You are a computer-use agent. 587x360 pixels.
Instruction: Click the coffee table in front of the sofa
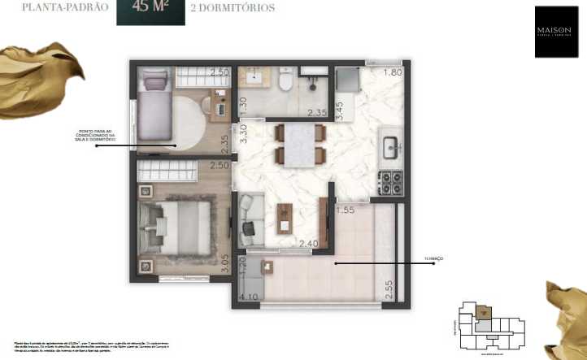tap(284, 217)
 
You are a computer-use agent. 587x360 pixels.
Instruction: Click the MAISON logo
tap(555, 32)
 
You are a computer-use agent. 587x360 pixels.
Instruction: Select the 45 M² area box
tap(150, 11)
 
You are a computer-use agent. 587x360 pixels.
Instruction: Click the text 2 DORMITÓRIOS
tap(232, 8)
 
